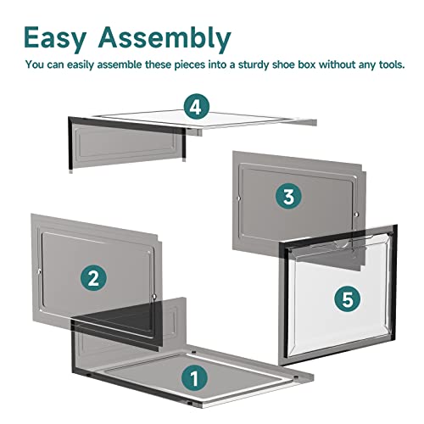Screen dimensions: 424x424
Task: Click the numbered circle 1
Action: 194,378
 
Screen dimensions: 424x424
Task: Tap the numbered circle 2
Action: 93,278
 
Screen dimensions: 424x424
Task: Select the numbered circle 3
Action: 288,196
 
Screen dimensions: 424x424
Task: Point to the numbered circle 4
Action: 197,107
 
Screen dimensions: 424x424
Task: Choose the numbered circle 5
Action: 348,298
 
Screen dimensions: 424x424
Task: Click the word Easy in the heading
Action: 55,38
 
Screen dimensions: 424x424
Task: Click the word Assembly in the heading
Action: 165,38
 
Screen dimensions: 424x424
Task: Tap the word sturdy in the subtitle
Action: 254,64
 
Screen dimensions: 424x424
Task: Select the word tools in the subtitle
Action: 392,64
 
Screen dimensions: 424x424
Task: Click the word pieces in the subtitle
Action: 189,65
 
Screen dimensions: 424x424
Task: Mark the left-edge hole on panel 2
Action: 39,272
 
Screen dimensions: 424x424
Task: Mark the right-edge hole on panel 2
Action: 154,297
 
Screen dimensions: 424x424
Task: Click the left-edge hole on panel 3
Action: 238,198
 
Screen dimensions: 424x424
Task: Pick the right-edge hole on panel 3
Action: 356,215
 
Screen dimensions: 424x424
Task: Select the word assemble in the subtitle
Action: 120,64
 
